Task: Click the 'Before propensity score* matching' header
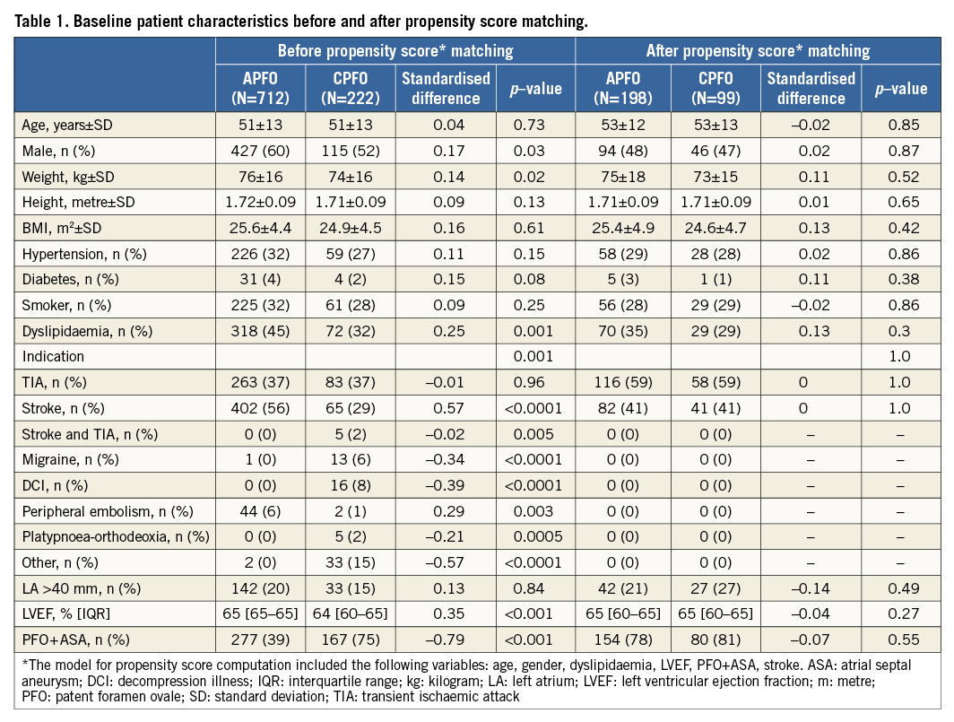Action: click(395, 50)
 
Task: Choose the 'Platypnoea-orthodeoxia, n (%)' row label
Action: click(115, 537)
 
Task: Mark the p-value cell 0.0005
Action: click(535, 537)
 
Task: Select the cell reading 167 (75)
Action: click(351, 640)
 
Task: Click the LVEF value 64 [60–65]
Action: click(351, 614)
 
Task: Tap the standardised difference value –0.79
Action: click(446, 640)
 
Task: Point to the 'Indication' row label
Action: click(54, 357)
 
